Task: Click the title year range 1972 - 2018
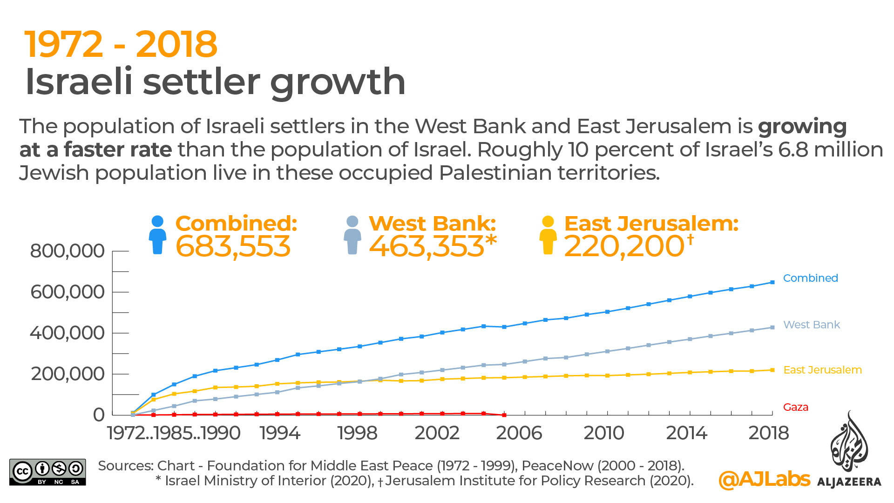click(121, 44)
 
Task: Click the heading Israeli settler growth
click(215, 82)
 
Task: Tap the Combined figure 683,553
click(233, 246)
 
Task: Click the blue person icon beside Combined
click(157, 235)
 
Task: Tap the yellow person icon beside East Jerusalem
click(548, 235)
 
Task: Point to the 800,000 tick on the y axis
click(68, 251)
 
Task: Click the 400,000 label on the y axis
click(68, 333)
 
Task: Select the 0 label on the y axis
click(99, 415)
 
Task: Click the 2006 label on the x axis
click(519, 433)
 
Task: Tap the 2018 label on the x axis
click(768, 433)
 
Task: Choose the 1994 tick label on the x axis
click(280, 433)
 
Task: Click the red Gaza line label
click(795, 407)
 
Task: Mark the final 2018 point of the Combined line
click(772, 282)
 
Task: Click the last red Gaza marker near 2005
click(504, 415)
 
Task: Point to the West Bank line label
click(811, 325)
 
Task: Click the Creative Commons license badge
click(47, 472)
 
